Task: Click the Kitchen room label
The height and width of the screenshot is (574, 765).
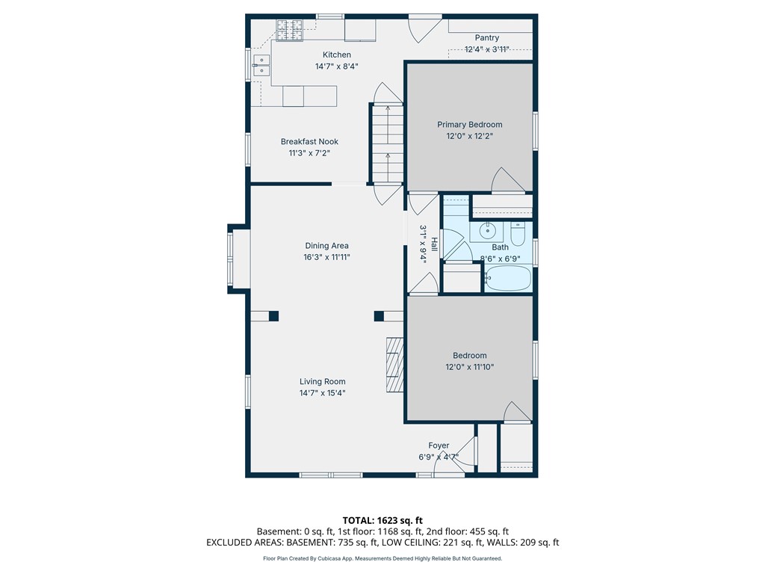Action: (337, 55)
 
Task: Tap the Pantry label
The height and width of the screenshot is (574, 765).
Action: (487, 37)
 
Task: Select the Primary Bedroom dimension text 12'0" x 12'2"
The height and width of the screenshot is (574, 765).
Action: (469, 136)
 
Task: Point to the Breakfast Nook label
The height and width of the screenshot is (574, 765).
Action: (309, 141)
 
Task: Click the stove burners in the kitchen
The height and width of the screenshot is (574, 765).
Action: (290, 30)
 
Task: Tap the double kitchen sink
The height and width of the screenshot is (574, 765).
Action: (262, 66)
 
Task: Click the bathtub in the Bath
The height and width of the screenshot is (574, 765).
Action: (508, 278)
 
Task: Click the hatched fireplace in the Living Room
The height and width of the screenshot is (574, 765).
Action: (394, 364)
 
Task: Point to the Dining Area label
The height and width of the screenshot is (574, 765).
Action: (327, 245)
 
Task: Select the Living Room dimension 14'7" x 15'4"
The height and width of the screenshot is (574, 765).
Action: (323, 393)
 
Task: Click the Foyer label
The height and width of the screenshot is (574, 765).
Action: (439, 445)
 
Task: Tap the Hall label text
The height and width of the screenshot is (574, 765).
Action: (434, 244)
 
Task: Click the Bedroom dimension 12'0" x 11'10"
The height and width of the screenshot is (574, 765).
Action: (469, 367)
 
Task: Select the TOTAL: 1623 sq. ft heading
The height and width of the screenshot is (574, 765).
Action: (382, 520)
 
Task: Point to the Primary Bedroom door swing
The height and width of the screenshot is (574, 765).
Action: (507, 179)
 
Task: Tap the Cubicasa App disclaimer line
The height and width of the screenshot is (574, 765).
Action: (382, 558)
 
